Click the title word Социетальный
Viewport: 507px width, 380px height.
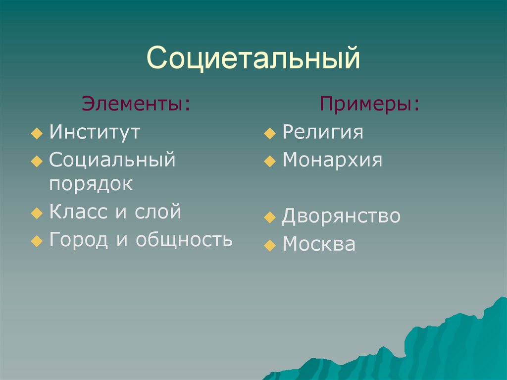[x=253, y=58]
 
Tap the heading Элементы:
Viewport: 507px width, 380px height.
[x=136, y=104]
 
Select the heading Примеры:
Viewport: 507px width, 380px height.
[x=369, y=104]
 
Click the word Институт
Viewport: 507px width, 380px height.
[x=95, y=132]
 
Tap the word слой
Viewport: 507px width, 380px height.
[x=158, y=212]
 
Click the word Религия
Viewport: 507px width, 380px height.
[x=323, y=132]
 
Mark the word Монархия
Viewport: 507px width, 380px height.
[x=332, y=160]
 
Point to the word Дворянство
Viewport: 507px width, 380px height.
[x=341, y=216]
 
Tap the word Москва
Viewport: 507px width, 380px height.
[x=319, y=244]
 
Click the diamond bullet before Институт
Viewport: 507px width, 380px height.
[x=37, y=133]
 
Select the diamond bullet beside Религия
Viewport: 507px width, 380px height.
[x=270, y=133]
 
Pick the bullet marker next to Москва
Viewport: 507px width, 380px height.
[x=270, y=245]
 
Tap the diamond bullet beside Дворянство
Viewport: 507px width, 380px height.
[x=270, y=217]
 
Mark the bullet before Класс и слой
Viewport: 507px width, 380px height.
[x=37, y=213]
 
